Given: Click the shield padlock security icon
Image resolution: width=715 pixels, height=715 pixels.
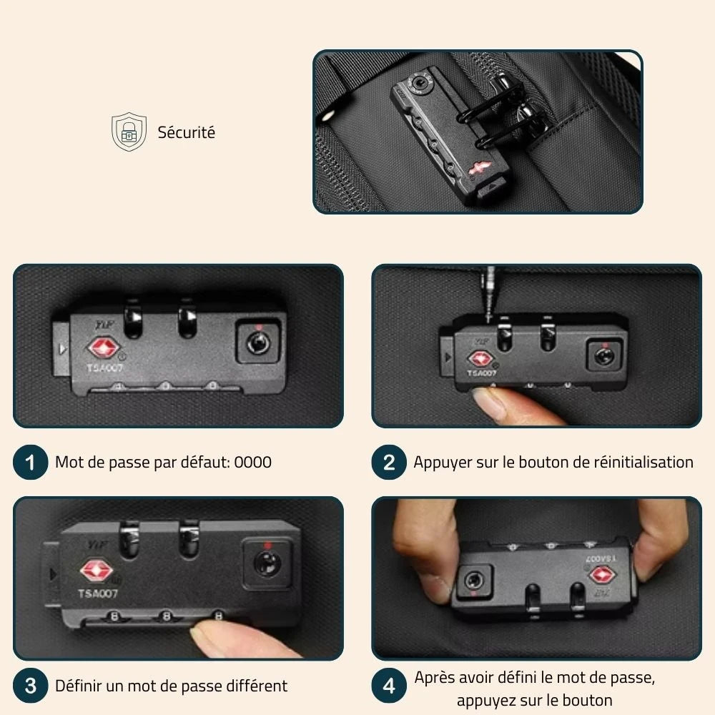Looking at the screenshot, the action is pos(129,132).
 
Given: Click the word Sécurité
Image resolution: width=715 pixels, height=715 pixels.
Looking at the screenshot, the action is pos(186,132).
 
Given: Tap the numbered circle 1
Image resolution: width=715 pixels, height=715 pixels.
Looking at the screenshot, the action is pos(30,462).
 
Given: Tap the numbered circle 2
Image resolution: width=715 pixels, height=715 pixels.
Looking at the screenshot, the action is pos(388,462).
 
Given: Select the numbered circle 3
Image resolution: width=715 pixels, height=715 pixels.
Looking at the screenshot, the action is pos(30,686).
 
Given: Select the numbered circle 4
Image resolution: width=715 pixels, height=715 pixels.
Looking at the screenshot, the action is pos(388,686).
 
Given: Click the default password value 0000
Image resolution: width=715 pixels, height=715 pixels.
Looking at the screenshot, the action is pos(252,463).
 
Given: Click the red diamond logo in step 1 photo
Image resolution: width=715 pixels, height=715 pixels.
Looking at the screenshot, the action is pos(104,348).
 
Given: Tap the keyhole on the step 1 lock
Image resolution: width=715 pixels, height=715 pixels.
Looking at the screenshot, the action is pos(257,342).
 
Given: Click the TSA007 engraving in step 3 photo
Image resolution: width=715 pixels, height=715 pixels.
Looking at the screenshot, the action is pos(97,593).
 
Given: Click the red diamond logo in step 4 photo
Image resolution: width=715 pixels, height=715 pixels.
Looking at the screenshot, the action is pos(602,575).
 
